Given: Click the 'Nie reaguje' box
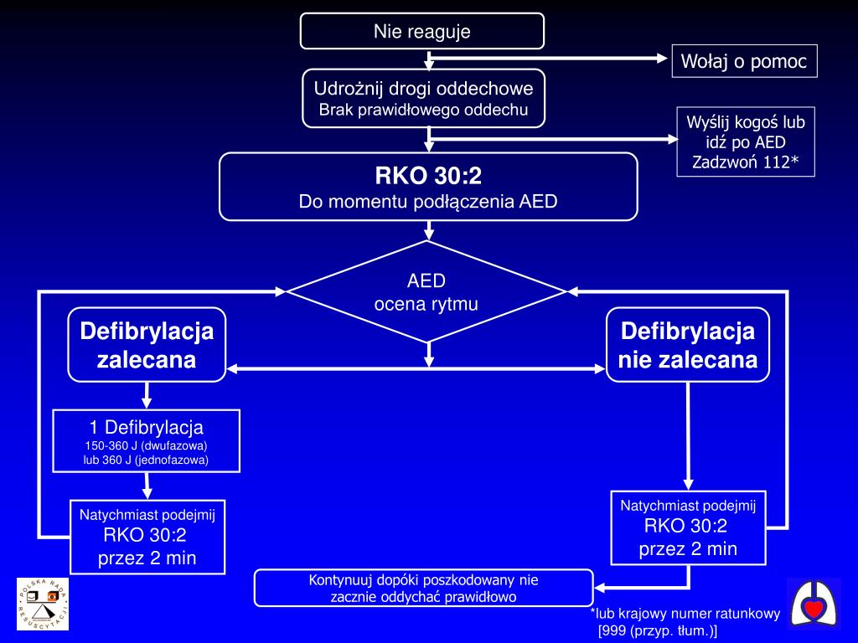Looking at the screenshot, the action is click(422, 31).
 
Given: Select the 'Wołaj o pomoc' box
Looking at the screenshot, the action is click(744, 61).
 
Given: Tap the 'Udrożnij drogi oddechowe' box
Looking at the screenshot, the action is click(423, 99).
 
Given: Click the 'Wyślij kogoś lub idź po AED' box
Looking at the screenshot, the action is click(746, 141).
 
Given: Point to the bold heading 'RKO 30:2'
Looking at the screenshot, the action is click(428, 176).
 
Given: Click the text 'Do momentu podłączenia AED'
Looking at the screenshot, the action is click(428, 202).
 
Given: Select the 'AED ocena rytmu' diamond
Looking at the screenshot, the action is click(426, 292).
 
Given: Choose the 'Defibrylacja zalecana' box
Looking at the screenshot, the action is click(147, 345).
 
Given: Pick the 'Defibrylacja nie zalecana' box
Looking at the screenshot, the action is click(688, 345).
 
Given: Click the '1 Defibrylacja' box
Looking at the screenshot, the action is click(146, 440).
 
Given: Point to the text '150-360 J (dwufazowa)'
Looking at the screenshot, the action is click(146, 445).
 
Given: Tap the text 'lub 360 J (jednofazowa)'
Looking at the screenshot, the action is click(146, 460).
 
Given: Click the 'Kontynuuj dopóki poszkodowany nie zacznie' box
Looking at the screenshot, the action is click(423, 588).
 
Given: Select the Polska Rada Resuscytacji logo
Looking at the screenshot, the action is click(43, 604).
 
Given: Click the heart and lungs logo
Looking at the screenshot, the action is click(814, 604).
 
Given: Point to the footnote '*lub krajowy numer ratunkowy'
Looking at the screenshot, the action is click(685, 614).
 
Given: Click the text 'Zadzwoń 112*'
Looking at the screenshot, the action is click(746, 162).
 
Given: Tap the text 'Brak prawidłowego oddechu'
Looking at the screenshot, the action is click(423, 110).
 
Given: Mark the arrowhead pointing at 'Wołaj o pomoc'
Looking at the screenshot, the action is click(662, 58).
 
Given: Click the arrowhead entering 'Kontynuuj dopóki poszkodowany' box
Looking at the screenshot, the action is click(600, 589).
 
